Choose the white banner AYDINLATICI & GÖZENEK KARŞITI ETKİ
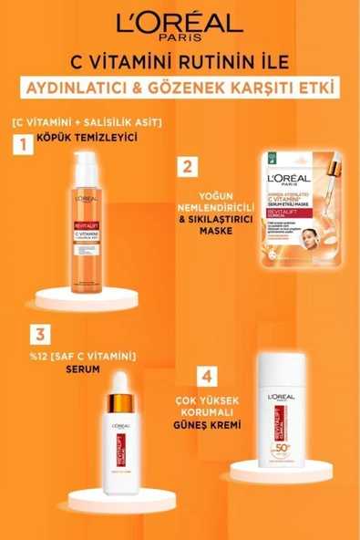pyautogui.click(x=180, y=90)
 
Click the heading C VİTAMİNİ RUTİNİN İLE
pyautogui.click(x=180, y=61)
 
